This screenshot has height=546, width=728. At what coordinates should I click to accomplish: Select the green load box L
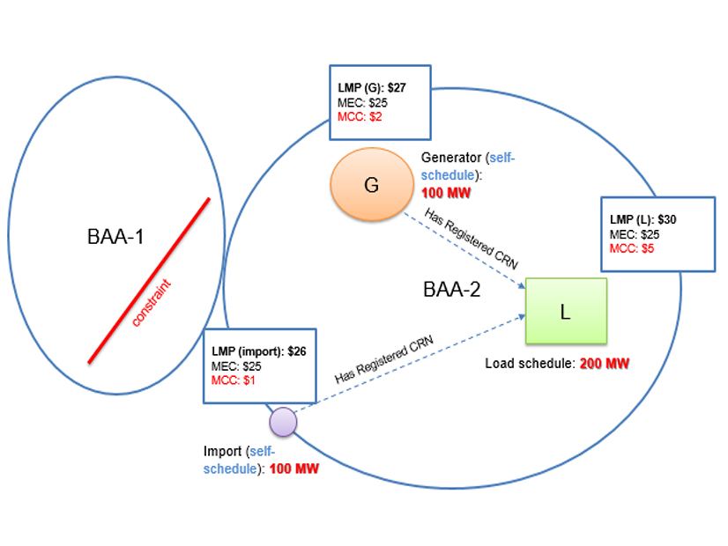pos(566,311)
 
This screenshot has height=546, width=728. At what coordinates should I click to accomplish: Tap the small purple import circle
pos(283,422)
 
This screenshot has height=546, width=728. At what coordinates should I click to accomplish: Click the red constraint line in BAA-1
pos(148,280)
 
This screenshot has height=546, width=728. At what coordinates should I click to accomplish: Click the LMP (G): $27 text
pos(371,86)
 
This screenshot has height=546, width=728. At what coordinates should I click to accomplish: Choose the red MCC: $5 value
pos(632,248)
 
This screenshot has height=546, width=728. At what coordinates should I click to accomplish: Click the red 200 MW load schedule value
pos(605,363)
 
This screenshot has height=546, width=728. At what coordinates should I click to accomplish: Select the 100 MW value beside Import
pos(293,469)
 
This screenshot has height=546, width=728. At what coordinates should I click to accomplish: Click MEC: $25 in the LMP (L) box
pos(632,234)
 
